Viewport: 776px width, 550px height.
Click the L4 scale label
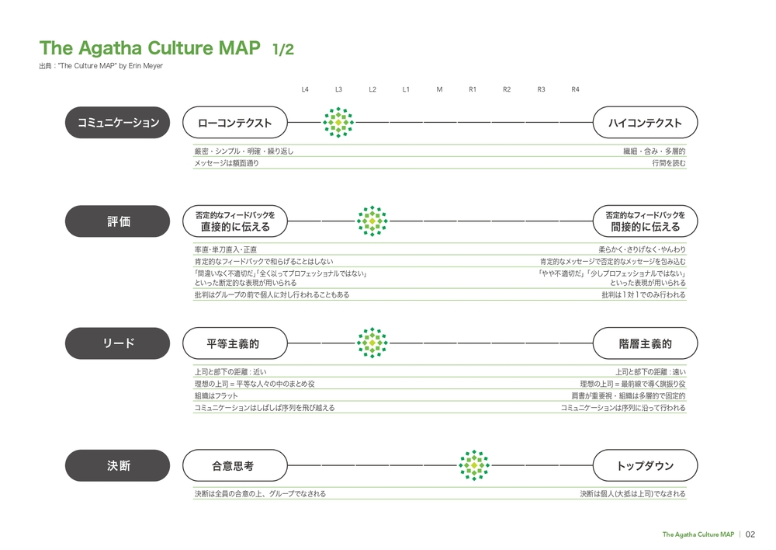[305, 89]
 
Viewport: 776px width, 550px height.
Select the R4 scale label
[575, 89]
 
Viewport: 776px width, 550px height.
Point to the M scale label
[439, 89]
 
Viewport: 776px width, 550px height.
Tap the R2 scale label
[507, 89]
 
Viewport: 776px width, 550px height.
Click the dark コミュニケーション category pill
[117, 123]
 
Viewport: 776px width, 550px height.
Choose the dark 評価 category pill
[117, 221]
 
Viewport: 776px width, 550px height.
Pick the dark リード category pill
[117, 343]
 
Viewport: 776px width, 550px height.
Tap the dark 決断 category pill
[117, 465]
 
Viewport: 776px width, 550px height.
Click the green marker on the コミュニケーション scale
[338, 123]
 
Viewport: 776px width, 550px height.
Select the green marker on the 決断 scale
[474, 465]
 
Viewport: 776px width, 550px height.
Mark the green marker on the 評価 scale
[372, 221]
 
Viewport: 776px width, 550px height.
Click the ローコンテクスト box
[235, 123]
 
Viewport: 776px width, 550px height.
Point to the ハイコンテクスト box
[646, 123]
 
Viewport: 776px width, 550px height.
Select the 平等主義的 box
[235, 343]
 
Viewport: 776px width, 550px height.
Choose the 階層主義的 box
[646, 343]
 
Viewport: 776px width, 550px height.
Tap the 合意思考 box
[235, 465]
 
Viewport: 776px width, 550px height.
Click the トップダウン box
[646, 465]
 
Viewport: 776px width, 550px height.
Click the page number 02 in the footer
[750, 534]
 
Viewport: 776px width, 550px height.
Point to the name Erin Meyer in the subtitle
[146, 66]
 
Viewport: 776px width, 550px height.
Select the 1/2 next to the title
[283, 49]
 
